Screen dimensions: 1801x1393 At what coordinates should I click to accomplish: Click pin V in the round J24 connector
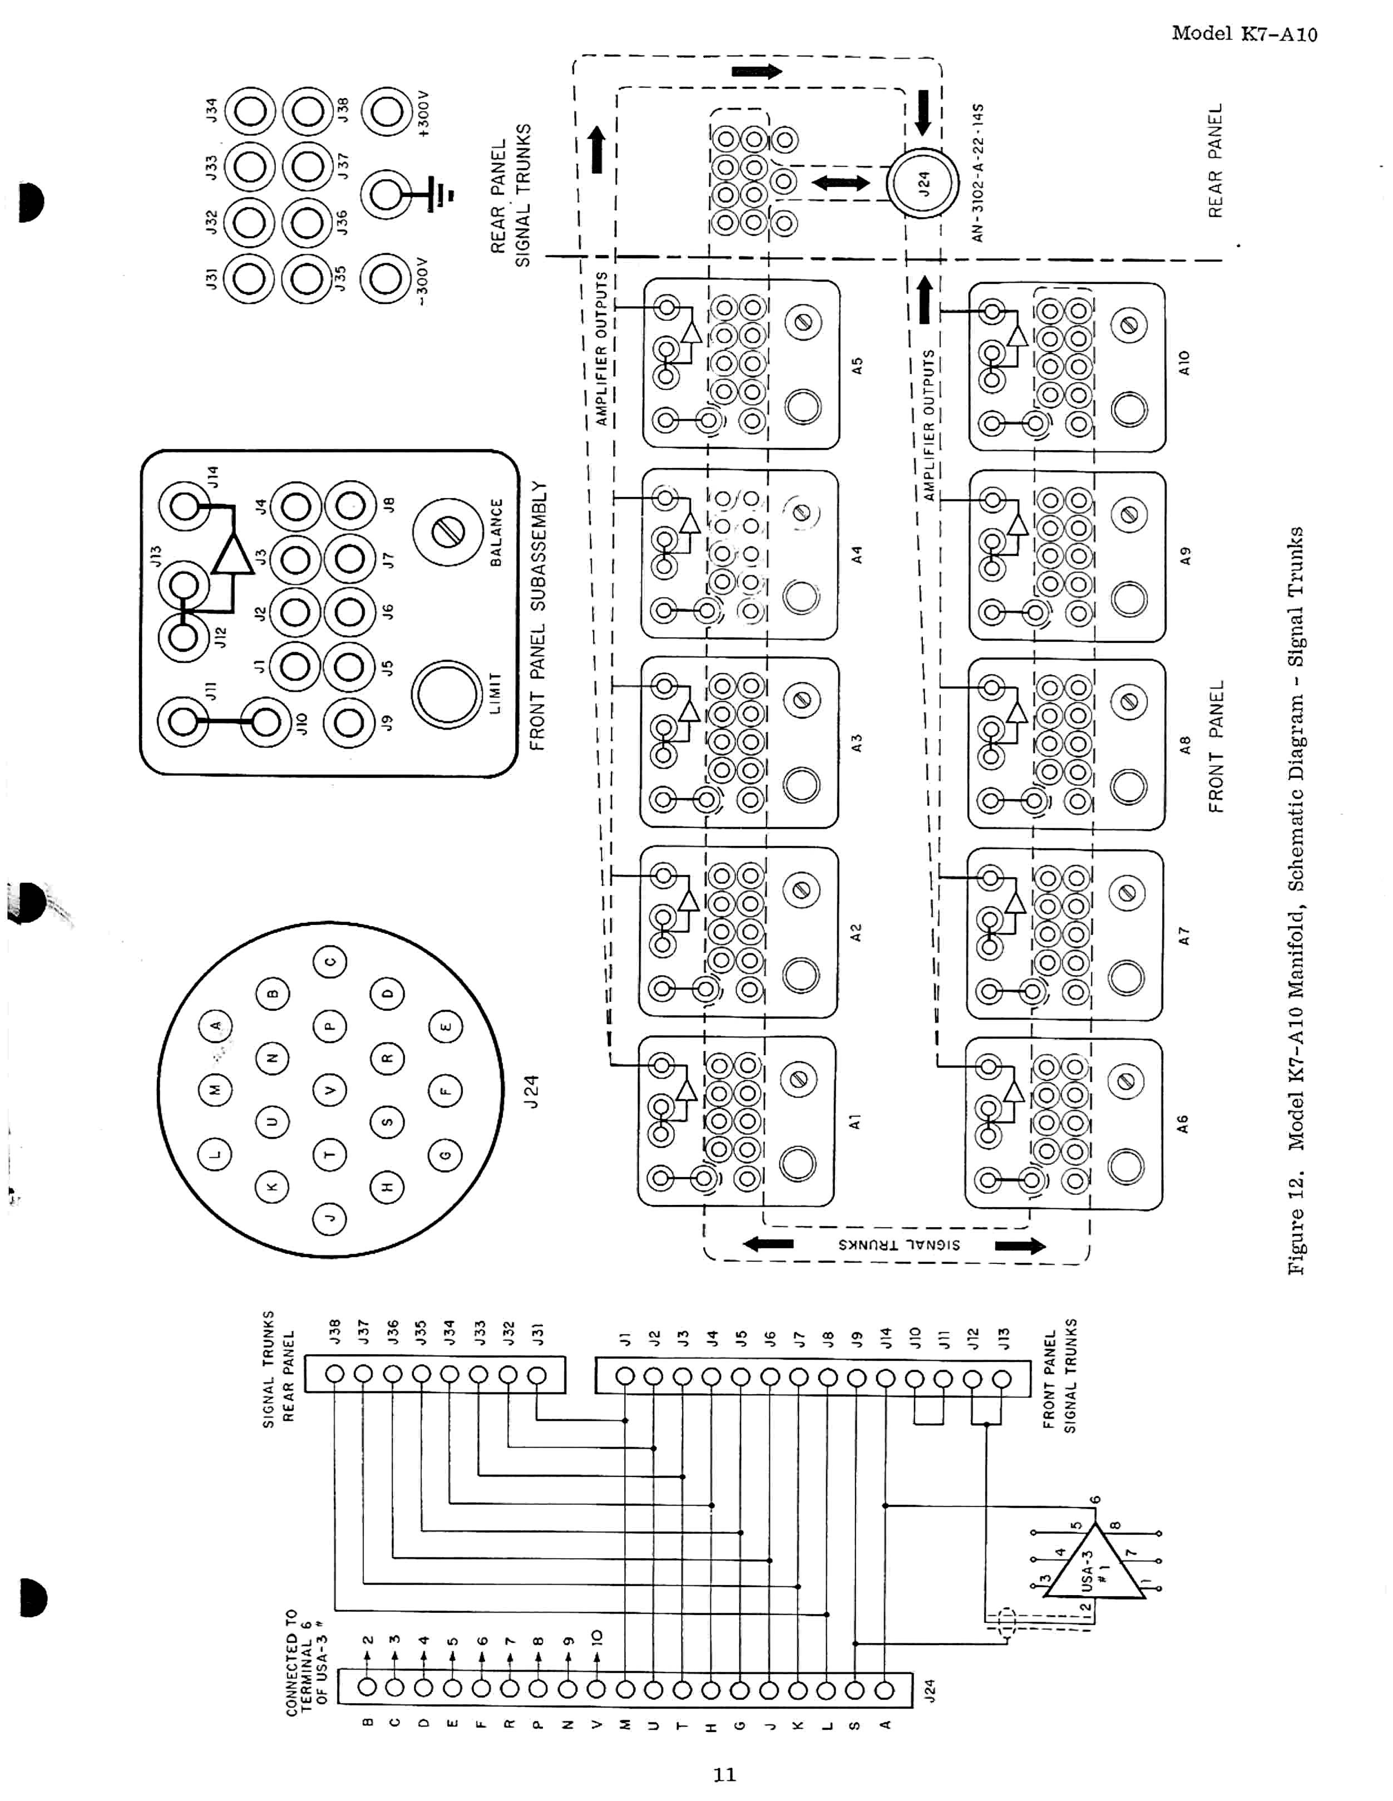coord(330,1091)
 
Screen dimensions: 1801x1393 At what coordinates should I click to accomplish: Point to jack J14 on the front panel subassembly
coord(185,505)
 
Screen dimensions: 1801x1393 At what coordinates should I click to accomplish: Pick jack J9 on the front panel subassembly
coord(349,722)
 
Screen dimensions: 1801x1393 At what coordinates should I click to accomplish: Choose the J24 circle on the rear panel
coord(923,183)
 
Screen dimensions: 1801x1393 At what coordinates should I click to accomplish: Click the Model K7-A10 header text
coord(1244,34)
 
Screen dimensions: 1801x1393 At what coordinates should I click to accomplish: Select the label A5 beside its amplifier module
coord(857,365)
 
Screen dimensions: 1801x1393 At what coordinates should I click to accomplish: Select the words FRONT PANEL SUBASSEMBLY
coord(537,616)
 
